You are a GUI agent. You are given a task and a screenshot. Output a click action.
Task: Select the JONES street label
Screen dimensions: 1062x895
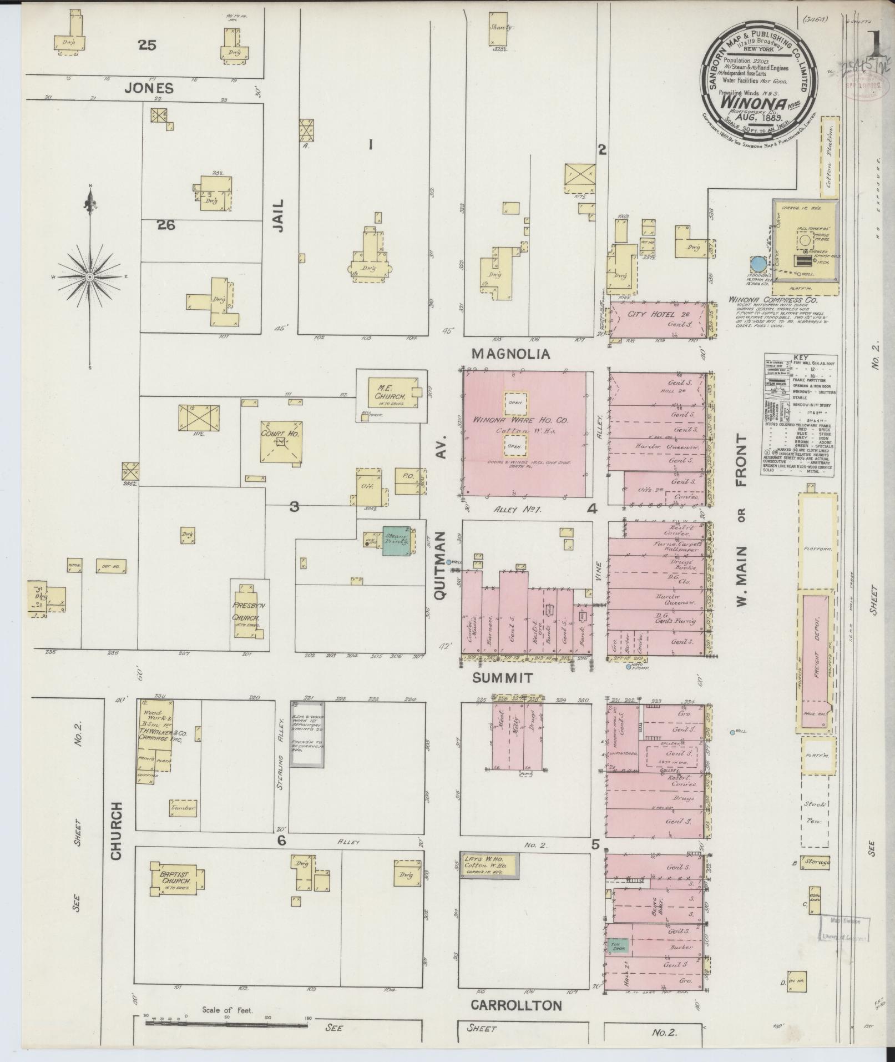point(149,88)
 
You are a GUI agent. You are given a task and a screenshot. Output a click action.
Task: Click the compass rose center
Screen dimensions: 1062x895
point(90,276)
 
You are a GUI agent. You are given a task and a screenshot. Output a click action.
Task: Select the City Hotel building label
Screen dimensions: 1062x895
point(645,314)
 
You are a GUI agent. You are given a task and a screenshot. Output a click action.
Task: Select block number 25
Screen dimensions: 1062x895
point(148,46)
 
